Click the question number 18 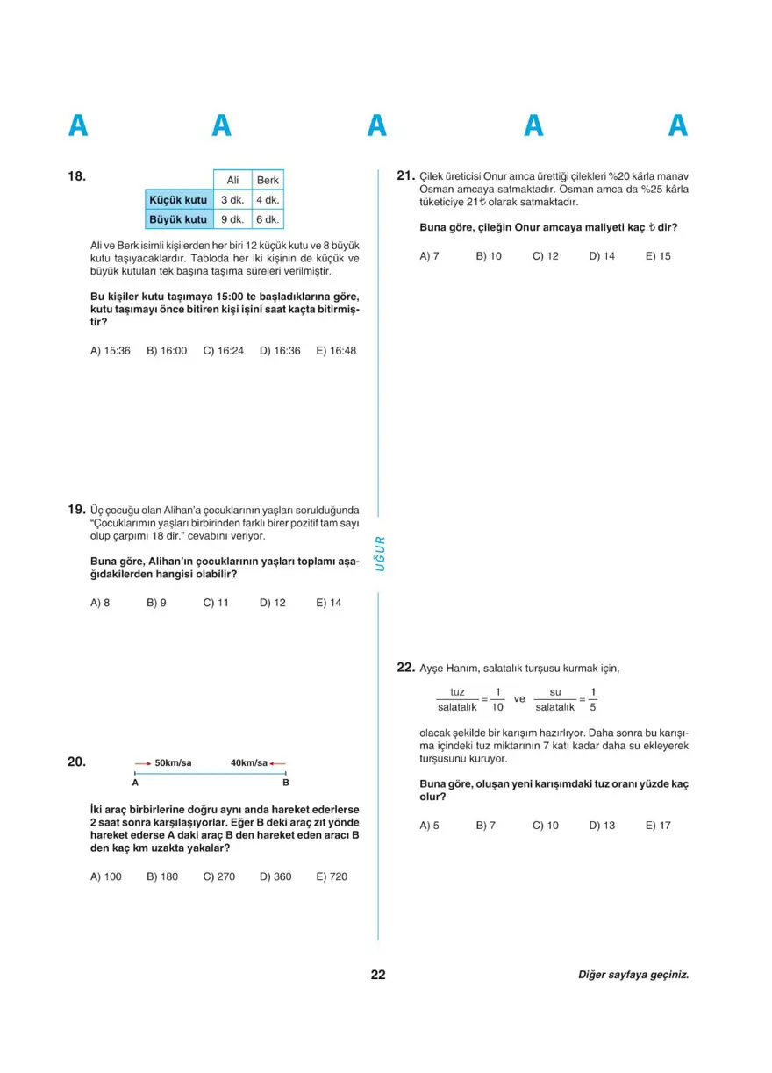(x=77, y=176)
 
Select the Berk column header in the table (x=268, y=180)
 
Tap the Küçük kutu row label (x=178, y=200)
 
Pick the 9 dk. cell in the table (x=232, y=219)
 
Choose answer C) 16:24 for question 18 (x=223, y=350)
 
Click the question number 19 (x=75, y=509)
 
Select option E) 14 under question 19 (x=329, y=603)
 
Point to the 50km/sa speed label (x=173, y=763)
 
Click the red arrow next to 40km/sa (x=278, y=763)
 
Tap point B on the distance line (x=286, y=782)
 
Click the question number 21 (x=405, y=176)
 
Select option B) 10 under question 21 (x=489, y=256)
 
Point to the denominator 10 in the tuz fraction (x=497, y=707)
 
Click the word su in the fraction (x=554, y=692)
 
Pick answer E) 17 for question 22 (x=658, y=825)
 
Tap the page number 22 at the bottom (x=378, y=975)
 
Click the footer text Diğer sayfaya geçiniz (x=633, y=975)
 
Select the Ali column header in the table (x=232, y=180)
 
